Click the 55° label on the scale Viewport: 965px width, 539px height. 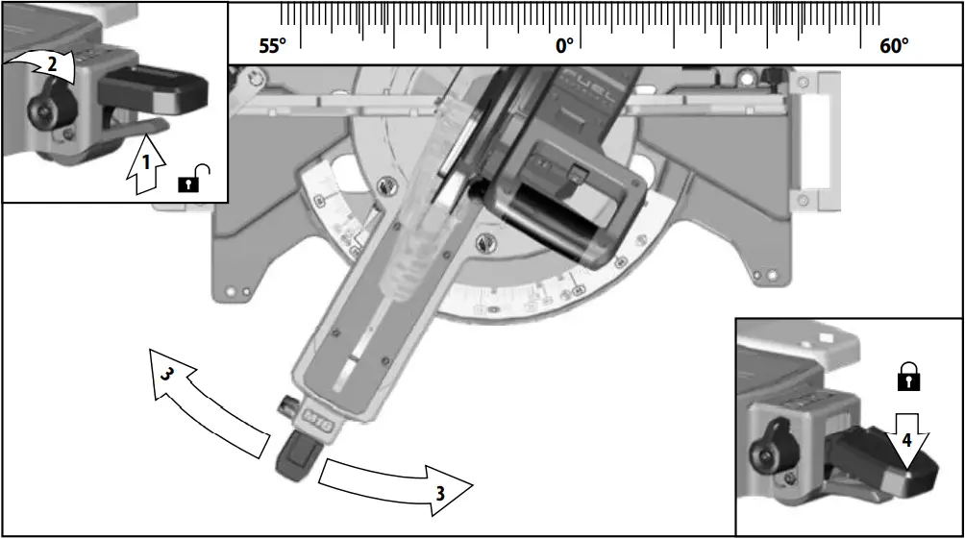272,45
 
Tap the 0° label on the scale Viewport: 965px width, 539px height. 564,45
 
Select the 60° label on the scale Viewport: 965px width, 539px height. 893,45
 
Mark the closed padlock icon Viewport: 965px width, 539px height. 907,378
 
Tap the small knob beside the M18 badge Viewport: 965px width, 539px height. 285,408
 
